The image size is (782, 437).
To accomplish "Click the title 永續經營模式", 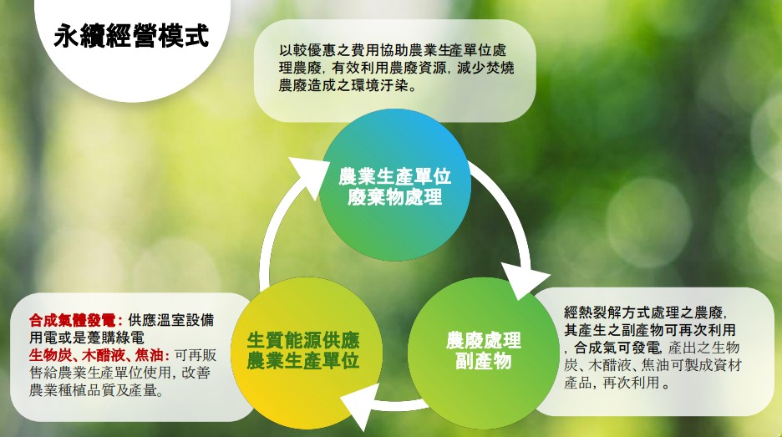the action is pyautogui.click(x=131, y=37).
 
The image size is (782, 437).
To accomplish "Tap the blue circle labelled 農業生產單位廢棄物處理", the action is pyautogui.click(x=394, y=185).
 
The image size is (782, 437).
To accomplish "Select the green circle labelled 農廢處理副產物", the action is pyautogui.click(x=483, y=353).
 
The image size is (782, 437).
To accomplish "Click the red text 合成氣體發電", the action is pyautogui.click(x=73, y=320).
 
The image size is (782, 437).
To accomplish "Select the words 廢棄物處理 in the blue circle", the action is pyautogui.click(x=394, y=197).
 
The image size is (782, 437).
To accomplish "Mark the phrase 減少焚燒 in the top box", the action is pyautogui.click(x=485, y=68).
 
